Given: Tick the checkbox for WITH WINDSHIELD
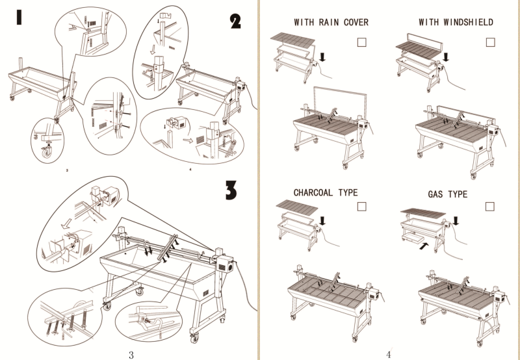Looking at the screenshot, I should (490, 42).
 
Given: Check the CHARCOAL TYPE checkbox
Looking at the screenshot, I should (362, 206).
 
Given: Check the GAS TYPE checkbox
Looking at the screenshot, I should (490, 207).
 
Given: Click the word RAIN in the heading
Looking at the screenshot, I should (331, 23).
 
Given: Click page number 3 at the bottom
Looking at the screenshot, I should (131, 354).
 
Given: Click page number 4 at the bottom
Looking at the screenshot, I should (388, 354).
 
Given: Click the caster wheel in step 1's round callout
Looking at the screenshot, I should (46, 150).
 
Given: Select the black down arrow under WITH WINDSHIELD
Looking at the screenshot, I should (446, 58).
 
